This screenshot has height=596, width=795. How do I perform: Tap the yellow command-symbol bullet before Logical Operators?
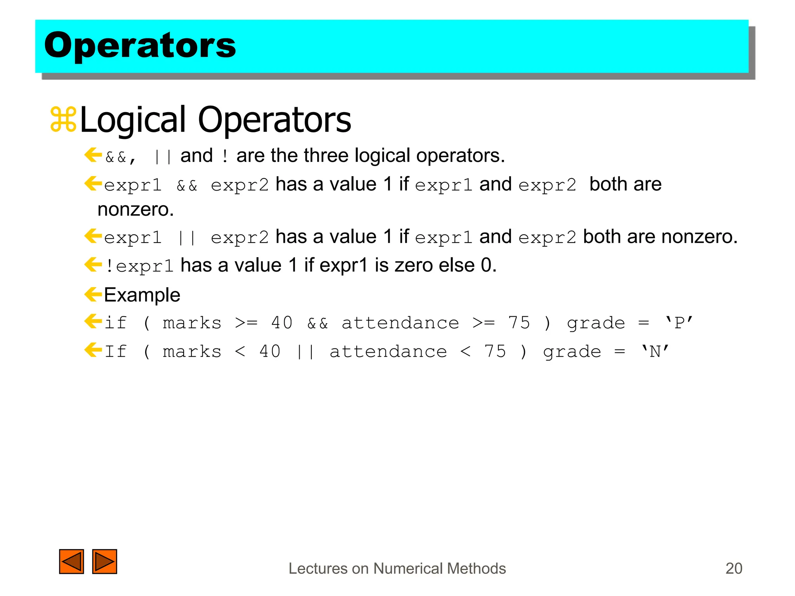(x=63, y=120)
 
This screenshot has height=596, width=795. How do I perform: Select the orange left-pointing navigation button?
(x=71, y=561)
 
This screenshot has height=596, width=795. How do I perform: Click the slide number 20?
(x=734, y=568)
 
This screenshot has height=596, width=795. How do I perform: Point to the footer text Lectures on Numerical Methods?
(x=397, y=568)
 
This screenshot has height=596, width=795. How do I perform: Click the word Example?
(x=142, y=295)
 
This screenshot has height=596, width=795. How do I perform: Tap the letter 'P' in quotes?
(x=679, y=323)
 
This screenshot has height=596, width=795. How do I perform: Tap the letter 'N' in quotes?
(x=655, y=352)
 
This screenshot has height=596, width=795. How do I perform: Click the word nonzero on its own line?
(x=135, y=210)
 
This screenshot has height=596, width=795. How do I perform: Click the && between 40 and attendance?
(x=318, y=323)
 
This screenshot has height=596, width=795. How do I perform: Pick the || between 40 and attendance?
(x=305, y=352)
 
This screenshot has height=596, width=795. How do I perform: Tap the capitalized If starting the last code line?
(x=116, y=352)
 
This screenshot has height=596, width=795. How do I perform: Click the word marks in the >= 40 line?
(x=192, y=323)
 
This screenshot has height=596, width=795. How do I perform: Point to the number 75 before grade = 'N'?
(x=495, y=352)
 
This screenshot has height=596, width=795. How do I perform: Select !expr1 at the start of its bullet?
(x=139, y=266)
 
